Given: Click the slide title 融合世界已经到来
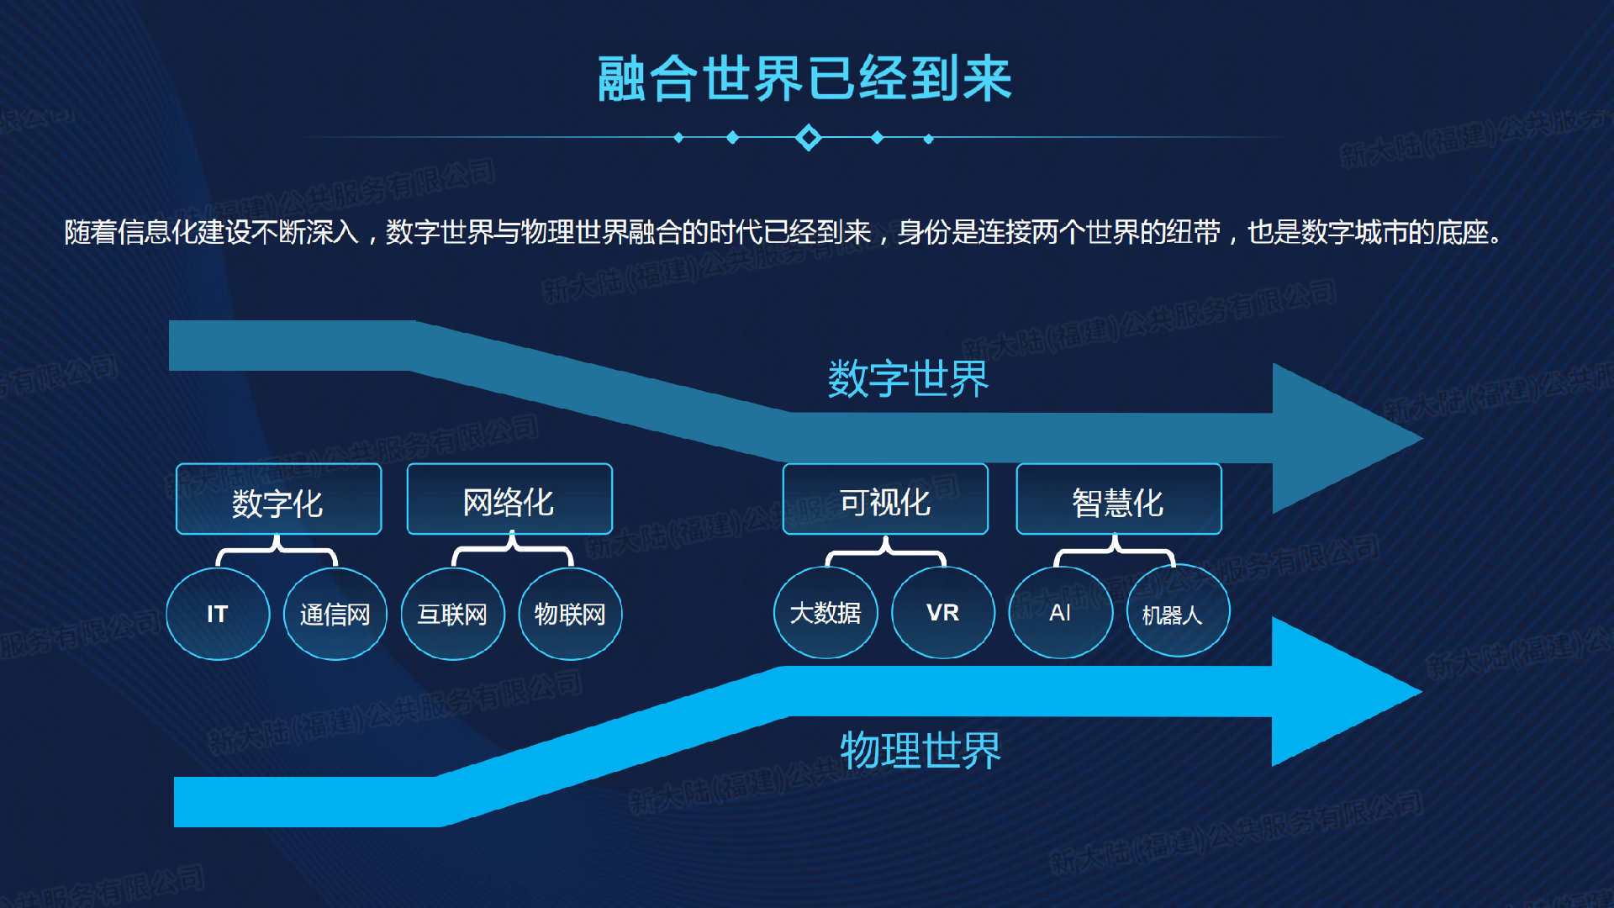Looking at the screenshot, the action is point(804,79).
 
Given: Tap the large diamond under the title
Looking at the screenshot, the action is point(809,137).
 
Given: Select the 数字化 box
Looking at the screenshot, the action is point(278,499).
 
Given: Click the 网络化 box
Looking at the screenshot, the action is point(509,499).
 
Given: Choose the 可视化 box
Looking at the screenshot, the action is point(885,499).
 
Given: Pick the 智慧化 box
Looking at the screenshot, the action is point(1119,499).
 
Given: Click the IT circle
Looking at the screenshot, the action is point(218,614).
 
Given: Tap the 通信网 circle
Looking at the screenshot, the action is point(335,614).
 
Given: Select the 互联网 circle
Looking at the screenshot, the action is point(453,614).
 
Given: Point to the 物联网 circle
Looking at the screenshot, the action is point(571,614).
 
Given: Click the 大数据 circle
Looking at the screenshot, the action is point(825,613).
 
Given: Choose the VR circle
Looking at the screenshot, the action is point(943,613).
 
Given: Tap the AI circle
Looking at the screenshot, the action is point(1061,613).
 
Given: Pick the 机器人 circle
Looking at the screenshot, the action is point(1178,613).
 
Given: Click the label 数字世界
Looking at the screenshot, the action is point(909,378).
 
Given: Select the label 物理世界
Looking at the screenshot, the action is point(920,750).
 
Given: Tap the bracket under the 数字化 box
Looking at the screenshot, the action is point(277,552).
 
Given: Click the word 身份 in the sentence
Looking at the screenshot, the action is point(924,232).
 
